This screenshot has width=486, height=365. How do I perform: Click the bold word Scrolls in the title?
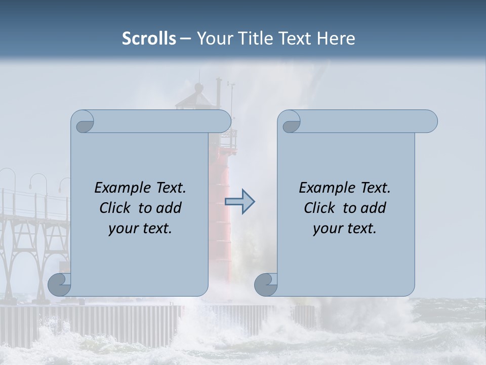[149, 39]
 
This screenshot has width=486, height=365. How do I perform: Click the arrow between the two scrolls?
[239, 202]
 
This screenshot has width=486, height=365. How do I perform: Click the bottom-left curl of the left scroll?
[60, 284]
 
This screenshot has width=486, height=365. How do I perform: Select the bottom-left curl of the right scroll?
[266, 284]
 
